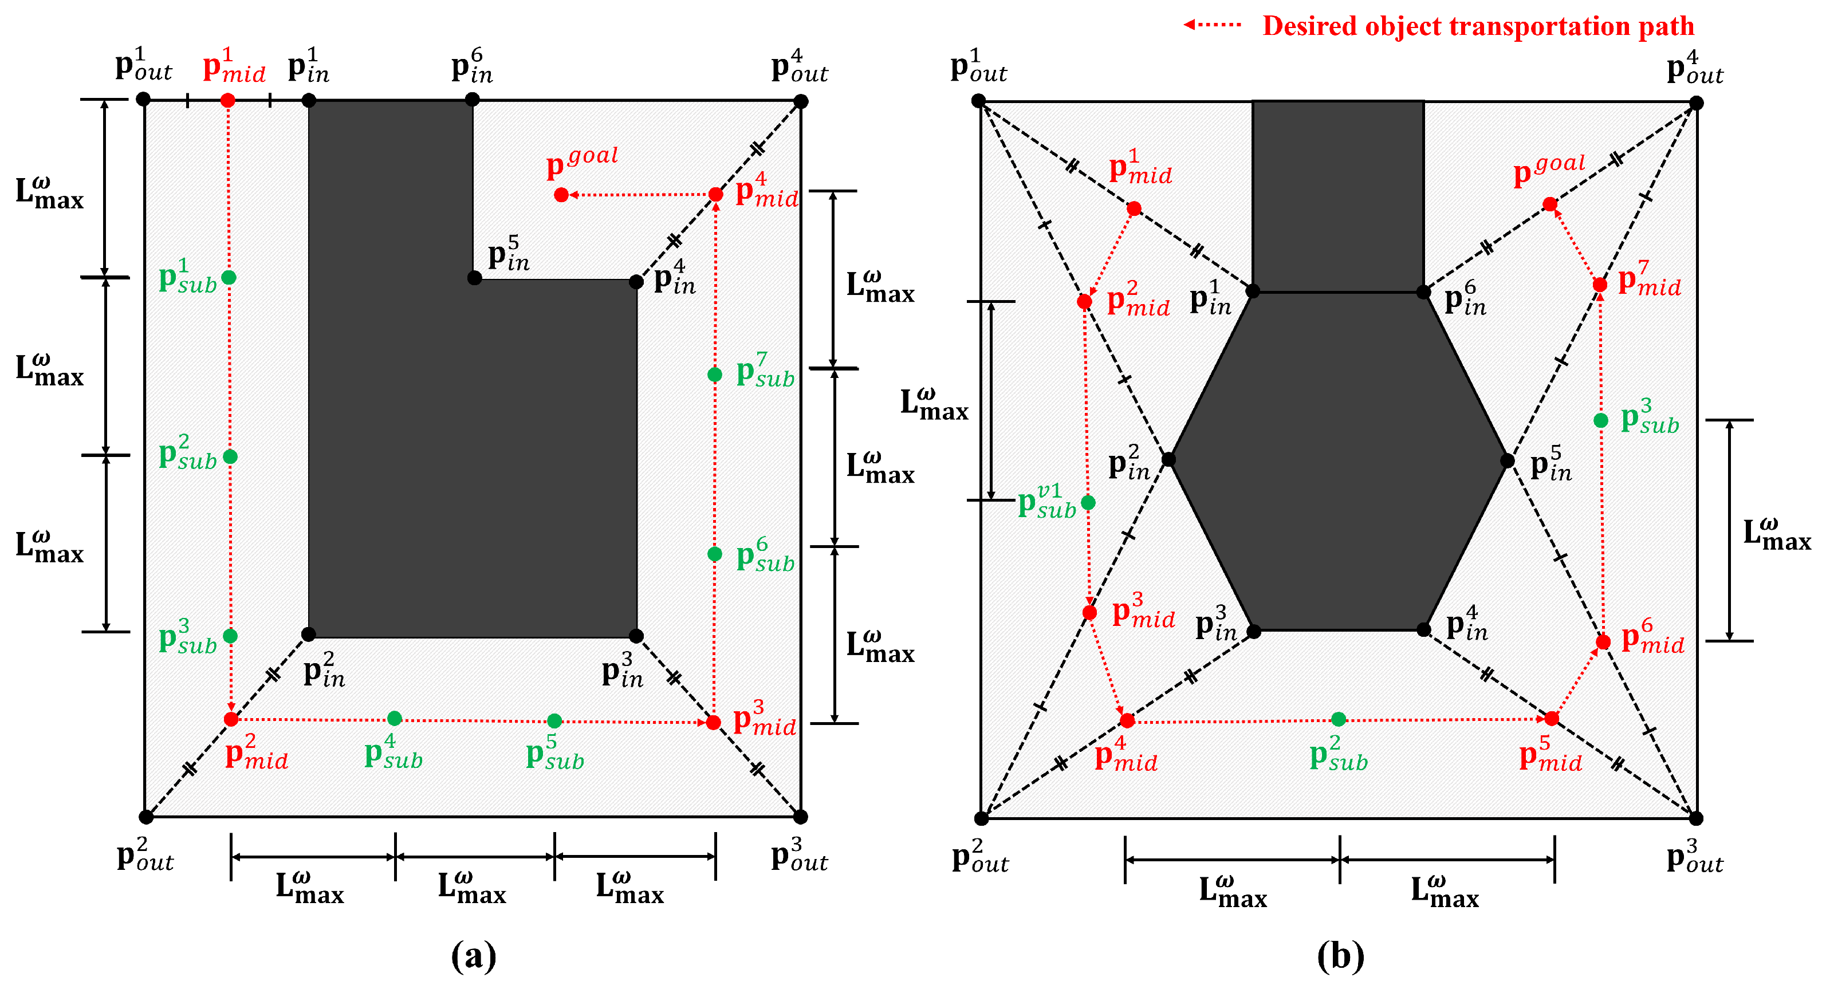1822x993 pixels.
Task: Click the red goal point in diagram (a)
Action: [561, 195]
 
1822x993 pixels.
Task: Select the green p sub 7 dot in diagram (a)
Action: [715, 374]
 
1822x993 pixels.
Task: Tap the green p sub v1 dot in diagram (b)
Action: [1088, 503]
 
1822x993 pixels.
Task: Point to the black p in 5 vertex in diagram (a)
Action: [475, 278]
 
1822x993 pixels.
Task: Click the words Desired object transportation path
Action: [1478, 26]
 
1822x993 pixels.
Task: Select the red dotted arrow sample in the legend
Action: [1213, 25]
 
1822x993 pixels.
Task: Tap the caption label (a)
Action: [473, 956]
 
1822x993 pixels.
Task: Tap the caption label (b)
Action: [1340, 956]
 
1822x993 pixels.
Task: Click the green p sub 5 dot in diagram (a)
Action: [554, 721]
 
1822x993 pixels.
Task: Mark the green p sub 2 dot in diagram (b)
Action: [1338, 719]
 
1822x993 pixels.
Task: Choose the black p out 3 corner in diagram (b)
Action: [1696, 818]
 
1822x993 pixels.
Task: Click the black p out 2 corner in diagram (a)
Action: [145, 817]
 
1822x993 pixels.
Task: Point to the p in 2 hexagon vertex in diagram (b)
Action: [1169, 460]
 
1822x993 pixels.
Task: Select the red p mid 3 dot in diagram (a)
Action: [714, 722]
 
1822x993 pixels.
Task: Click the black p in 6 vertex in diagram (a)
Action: [473, 100]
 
